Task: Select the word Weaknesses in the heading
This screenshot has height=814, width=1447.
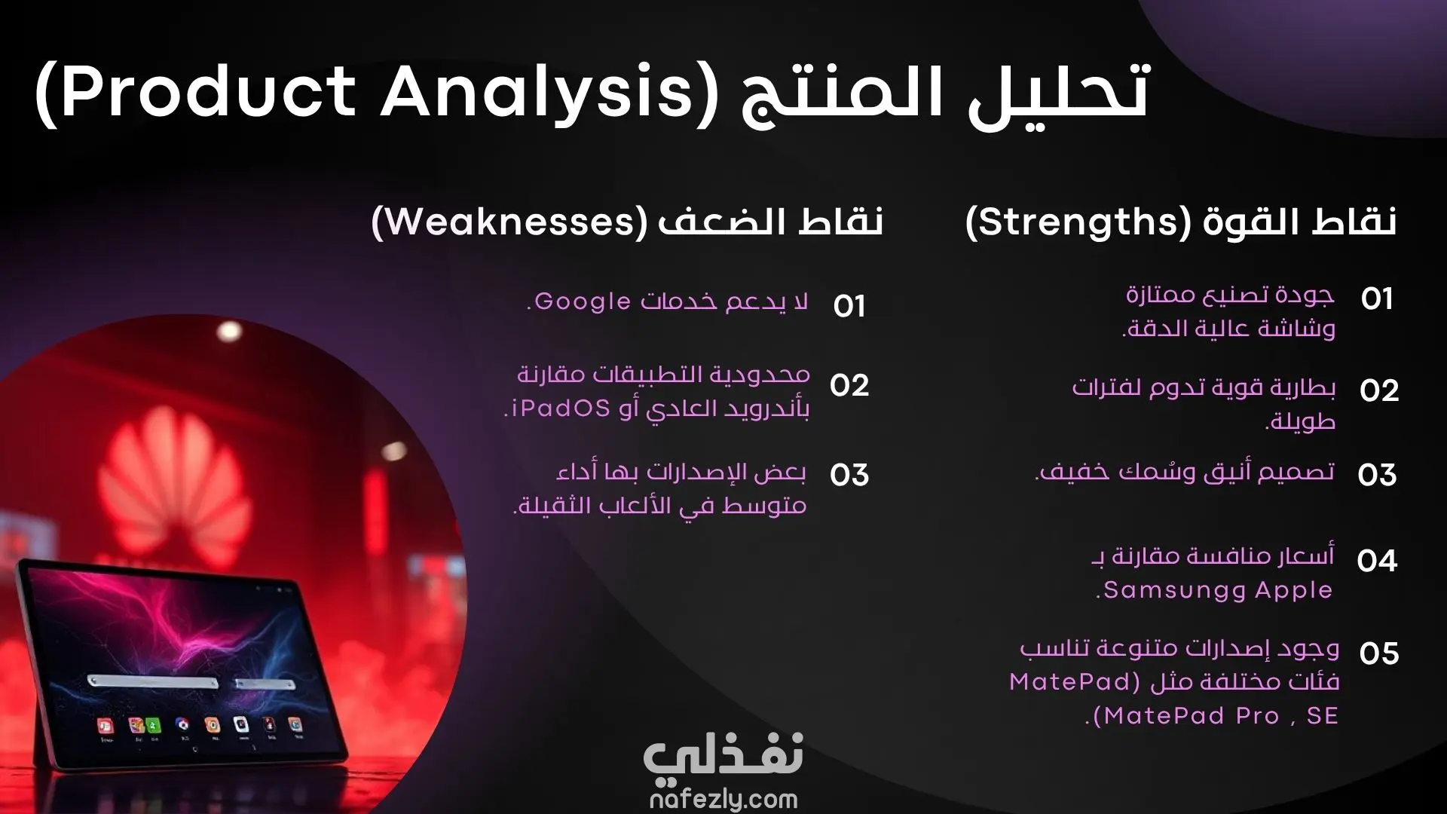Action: click(x=512, y=222)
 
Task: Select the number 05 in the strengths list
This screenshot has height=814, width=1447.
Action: click(x=1379, y=653)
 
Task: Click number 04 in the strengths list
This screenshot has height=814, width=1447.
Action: click(x=1377, y=561)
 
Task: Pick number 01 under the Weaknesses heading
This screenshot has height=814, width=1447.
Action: click(x=849, y=306)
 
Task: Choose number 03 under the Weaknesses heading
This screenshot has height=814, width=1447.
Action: click(x=849, y=475)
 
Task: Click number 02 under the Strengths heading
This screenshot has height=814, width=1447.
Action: click(x=1379, y=390)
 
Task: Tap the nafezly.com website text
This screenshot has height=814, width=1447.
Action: click(x=723, y=799)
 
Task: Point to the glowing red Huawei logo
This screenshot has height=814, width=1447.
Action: click(x=172, y=482)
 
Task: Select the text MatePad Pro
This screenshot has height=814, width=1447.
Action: click(x=1192, y=716)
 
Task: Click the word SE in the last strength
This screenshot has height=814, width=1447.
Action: click(x=1323, y=716)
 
